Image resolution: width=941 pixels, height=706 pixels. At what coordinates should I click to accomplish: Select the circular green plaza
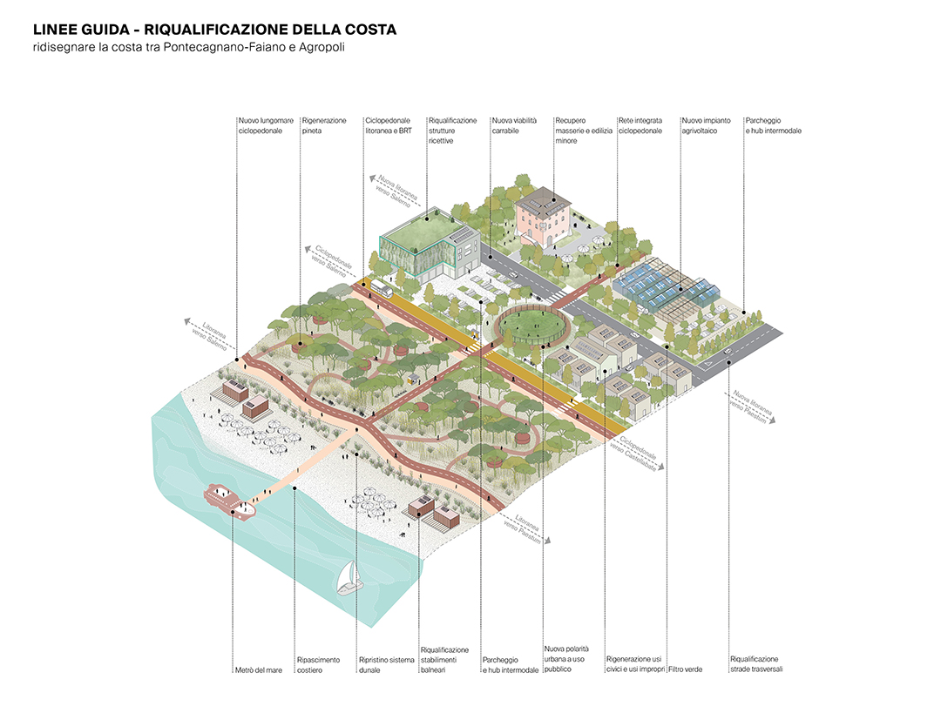coord(529,326)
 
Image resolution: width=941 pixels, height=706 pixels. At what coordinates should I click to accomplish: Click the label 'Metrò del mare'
coord(254,669)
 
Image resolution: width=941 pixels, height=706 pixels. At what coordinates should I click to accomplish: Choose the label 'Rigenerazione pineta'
coord(324,125)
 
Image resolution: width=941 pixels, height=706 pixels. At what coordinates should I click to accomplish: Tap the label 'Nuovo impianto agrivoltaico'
coord(706,125)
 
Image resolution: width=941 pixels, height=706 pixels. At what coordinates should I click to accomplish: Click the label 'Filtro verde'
coord(685,669)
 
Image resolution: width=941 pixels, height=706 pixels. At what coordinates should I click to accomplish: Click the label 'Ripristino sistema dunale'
coord(386,664)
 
